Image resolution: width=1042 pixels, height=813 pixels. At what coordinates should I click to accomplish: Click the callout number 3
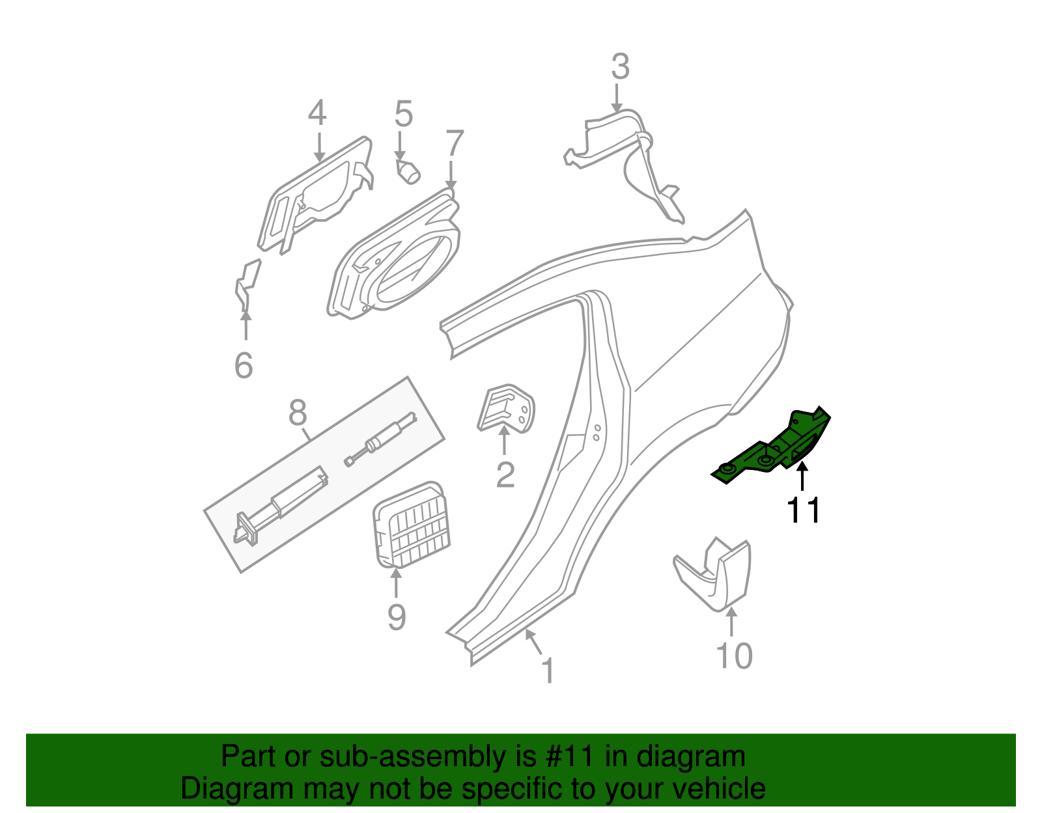point(620,67)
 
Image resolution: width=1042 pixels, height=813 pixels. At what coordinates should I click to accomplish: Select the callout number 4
point(317,113)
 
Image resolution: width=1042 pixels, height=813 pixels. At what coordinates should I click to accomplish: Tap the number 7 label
point(455,143)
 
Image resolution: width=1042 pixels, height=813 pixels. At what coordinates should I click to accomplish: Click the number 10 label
point(733,655)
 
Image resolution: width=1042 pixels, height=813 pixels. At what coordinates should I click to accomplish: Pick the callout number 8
point(297,412)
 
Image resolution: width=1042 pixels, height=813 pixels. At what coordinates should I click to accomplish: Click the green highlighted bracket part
point(775,448)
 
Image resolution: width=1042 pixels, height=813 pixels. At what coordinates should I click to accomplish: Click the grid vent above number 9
point(413,525)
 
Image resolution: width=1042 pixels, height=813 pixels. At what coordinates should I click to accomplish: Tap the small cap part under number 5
point(408,172)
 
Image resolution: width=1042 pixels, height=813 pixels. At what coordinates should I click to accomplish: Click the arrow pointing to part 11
point(802,476)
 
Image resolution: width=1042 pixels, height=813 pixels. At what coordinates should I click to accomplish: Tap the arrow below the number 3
point(616,98)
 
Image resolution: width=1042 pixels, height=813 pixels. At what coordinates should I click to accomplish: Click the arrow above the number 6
point(246,325)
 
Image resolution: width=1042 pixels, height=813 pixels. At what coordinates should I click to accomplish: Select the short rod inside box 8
point(381,440)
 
